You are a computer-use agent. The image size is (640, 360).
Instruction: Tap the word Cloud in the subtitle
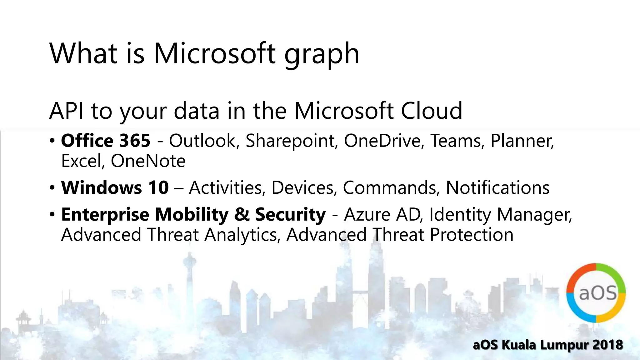click(x=431, y=111)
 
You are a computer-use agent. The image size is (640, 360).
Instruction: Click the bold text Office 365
click(x=106, y=141)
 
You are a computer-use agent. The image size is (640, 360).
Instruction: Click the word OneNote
click(x=148, y=161)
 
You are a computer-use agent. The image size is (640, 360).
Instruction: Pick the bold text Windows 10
click(x=115, y=187)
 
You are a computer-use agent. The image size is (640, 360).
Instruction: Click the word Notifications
click(x=497, y=188)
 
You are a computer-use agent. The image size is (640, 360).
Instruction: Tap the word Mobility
click(x=192, y=215)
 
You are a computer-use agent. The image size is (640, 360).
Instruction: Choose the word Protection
click(x=472, y=235)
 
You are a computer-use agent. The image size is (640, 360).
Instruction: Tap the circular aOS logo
click(x=596, y=293)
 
